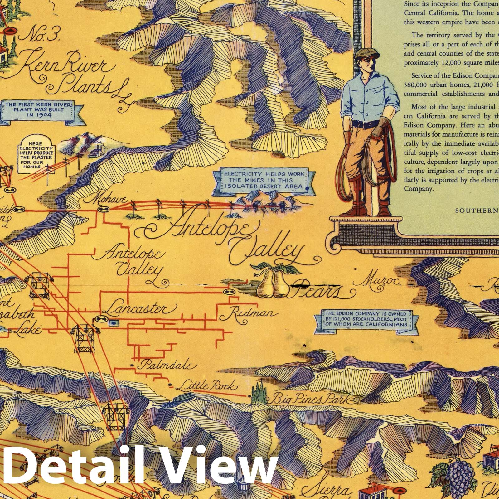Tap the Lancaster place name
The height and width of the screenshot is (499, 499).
tap(138, 309)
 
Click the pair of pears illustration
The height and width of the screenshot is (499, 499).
tap(272, 282)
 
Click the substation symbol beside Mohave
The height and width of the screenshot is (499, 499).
tap(102, 209)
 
